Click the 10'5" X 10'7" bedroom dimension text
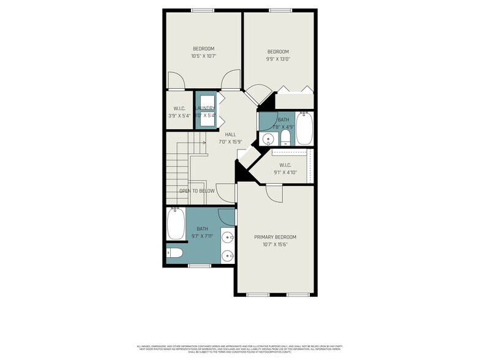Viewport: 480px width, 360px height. click(203, 56)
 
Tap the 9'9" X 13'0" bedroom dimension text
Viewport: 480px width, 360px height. click(277, 59)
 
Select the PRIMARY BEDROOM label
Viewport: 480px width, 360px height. click(275, 237)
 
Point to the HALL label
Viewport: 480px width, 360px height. click(230, 135)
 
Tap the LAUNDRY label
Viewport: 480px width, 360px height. click(204, 108)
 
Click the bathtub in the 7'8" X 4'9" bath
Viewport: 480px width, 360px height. click(304, 128)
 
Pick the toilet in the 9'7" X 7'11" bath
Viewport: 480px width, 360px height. click(174, 253)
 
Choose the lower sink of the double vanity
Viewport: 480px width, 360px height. click(227, 256)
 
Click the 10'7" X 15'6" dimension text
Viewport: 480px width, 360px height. click(275, 244)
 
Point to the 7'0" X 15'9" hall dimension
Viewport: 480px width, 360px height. click(230, 142)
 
